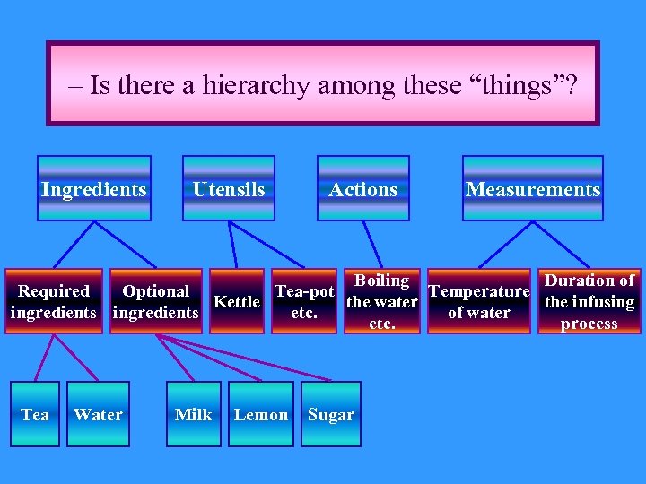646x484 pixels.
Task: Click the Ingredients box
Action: [x=94, y=188]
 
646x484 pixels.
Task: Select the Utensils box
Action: [x=229, y=188]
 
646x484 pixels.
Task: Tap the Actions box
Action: [x=363, y=188]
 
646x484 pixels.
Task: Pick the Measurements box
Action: [x=533, y=188]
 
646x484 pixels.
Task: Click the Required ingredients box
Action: [x=54, y=302]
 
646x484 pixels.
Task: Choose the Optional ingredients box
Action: [x=156, y=302]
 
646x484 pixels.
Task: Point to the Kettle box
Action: [x=237, y=302]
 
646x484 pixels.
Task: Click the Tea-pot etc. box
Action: [x=304, y=302]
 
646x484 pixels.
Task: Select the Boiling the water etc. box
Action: [x=382, y=302]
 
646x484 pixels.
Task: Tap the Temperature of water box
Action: [x=479, y=302]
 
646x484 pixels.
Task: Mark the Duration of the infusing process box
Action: [x=589, y=302]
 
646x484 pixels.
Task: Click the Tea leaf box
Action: [x=35, y=414]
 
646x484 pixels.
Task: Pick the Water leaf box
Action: [x=98, y=414]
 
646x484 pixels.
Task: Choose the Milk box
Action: [x=194, y=414]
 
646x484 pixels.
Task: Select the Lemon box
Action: [x=261, y=414]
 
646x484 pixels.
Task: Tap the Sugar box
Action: [x=331, y=414]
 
